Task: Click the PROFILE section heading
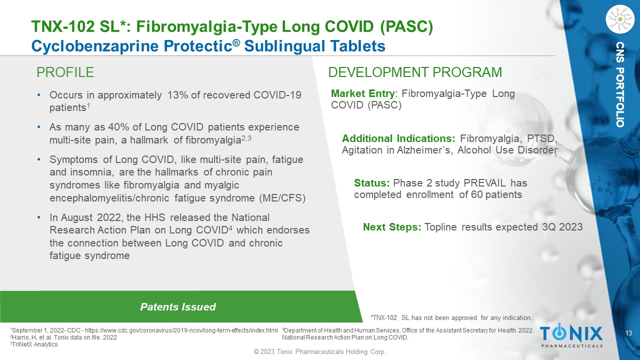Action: pyautogui.click(x=65, y=72)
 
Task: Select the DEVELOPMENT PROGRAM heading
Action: pyautogui.click(x=415, y=72)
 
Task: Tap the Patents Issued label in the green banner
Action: pyautogui.click(x=178, y=307)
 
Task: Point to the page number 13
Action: pyautogui.click(x=628, y=333)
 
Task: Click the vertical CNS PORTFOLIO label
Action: pyautogui.click(x=620, y=84)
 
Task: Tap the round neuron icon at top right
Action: pyautogui.click(x=620, y=19)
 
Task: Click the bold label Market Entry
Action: pyautogui.click(x=363, y=93)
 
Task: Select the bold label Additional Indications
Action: pyautogui.click(x=398, y=138)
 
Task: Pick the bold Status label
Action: pyautogui.click(x=371, y=183)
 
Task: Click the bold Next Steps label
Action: pyautogui.click(x=392, y=227)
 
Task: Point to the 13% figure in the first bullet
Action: pyautogui.click(x=177, y=95)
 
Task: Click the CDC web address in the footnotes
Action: pyautogui.click(x=181, y=330)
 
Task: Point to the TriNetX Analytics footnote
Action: pyautogui.click(x=34, y=344)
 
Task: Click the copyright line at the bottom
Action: pyautogui.click(x=320, y=351)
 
